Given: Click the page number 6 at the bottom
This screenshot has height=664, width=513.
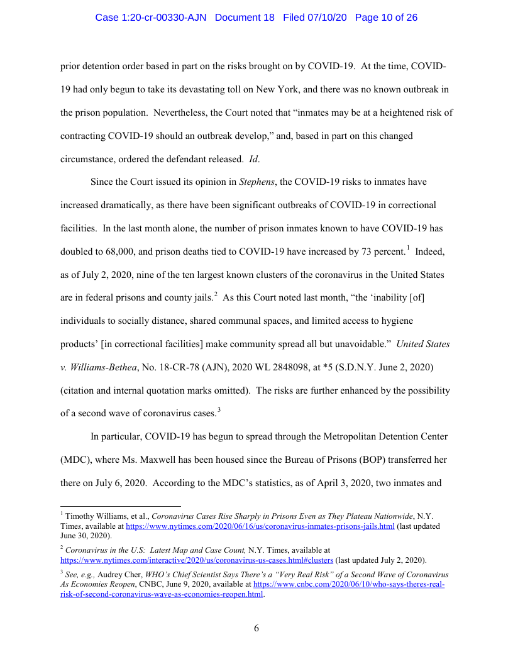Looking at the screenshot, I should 256,628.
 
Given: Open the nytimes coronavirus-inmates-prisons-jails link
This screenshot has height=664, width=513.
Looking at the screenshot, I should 260,526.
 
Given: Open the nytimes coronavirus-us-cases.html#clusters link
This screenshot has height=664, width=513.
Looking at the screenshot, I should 196,560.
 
